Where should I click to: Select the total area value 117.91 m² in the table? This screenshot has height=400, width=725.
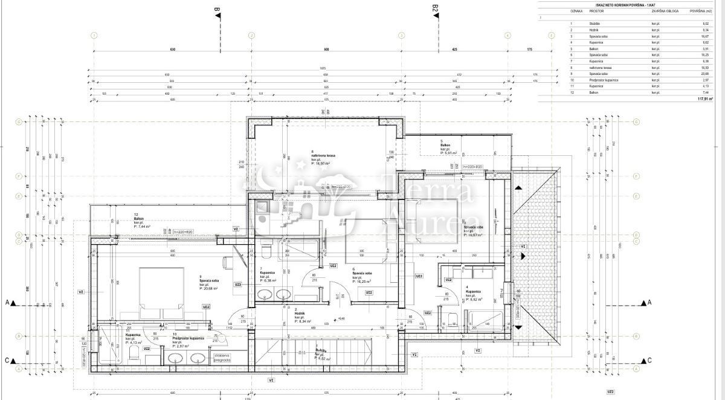tap(704, 99)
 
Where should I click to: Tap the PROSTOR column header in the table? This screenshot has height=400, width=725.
tap(597, 11)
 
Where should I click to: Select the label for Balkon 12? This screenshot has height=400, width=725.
tap(140, 220)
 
